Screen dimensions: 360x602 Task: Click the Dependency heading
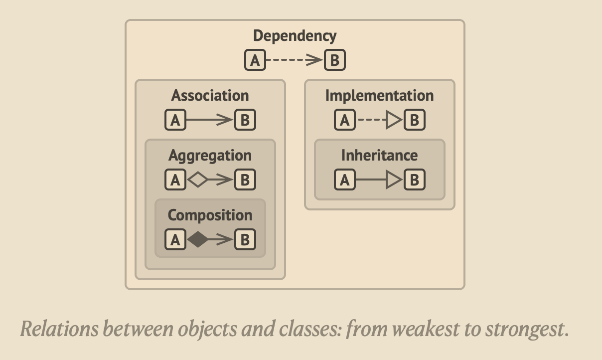tap(295, 36)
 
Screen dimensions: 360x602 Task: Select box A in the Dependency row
tap(255, 60)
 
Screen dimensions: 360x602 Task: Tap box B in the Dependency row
tap(335, 60)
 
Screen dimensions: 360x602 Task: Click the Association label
tap(210, 95)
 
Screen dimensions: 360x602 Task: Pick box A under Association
tap(175, 120)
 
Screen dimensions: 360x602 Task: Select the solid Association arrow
tap(210, 120)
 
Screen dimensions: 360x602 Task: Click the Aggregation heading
tap(210, 155)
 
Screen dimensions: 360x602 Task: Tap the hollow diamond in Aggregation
tap(198, 180)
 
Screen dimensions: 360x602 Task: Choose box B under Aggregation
tap(245, 180)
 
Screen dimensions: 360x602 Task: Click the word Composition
tap(210, 215)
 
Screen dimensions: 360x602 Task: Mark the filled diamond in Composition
tap(198, 240)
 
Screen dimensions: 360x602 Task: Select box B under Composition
tap(245, 240)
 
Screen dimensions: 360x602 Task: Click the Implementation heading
tap(379, 95)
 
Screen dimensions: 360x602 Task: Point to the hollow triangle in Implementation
tap(394, 120)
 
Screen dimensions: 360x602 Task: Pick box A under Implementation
tap(345, 120)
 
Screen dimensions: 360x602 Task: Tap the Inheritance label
tap(379, 155)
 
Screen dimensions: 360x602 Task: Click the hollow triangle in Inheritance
tap(394, 180)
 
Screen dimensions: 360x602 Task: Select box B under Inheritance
tap(415, 180)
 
